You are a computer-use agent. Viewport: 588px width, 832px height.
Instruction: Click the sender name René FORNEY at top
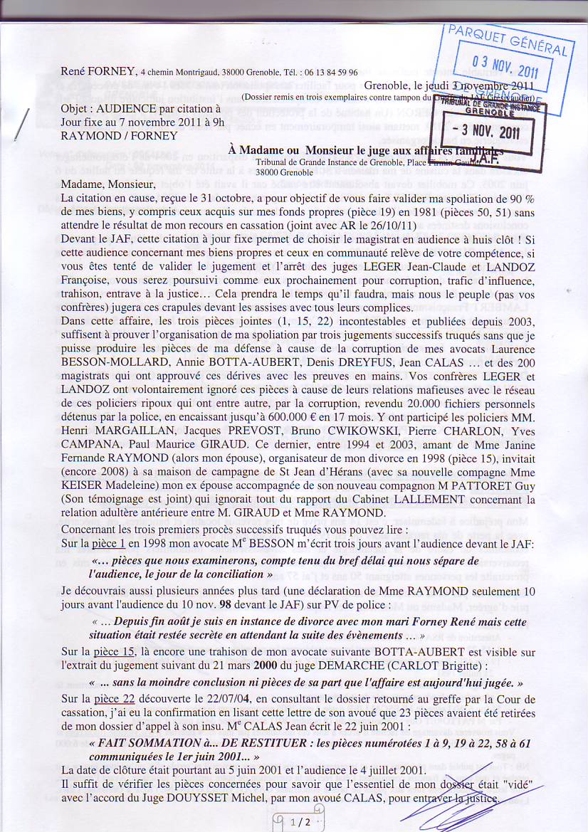click(x=98, y=71)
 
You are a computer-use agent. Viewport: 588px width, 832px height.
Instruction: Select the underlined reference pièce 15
click(x=116, y=651)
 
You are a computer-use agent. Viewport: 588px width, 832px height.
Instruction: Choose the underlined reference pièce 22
click(x=116, y=698)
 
